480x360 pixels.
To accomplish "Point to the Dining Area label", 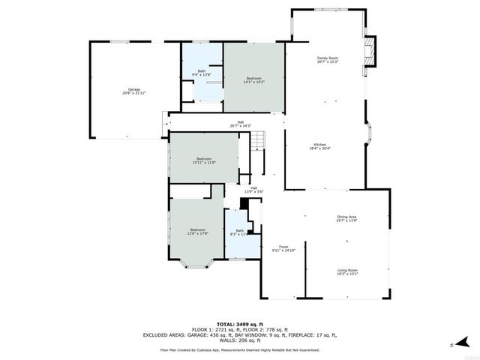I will tap(346, 217).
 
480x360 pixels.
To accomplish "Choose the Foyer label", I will tap(283, 246).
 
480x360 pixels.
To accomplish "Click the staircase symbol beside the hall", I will tap(257, 139).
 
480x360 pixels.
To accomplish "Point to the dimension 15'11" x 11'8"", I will tap(204, 162).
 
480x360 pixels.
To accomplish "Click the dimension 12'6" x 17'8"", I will tap(199, 233).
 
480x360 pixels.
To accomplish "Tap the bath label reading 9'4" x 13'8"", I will tap(202, 75).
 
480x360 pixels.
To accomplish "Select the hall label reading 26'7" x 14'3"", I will tap(241, 125).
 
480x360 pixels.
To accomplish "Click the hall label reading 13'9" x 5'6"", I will tap(253, 192).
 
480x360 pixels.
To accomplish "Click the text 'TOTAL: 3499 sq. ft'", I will tap(239, 324).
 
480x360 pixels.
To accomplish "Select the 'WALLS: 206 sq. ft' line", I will tap(239, 340).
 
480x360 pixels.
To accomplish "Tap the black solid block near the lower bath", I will tap(244, 203).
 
